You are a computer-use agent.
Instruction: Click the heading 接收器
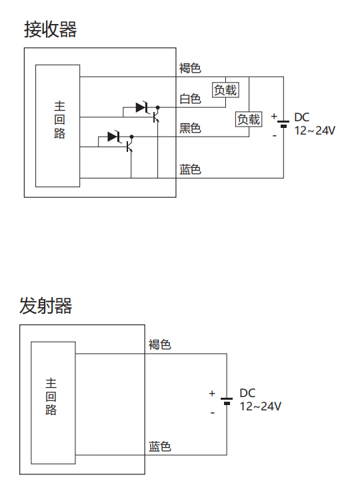coord(50,30)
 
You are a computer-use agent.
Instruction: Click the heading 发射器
coord(46,306)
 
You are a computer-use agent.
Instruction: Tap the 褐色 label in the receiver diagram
coord(190,68)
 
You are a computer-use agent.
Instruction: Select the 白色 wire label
coord(190,99)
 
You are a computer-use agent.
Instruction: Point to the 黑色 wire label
coord(190,128)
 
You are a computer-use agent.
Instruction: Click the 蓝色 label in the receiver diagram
coord(190,169)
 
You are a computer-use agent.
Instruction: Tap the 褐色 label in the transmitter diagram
coord(160,344)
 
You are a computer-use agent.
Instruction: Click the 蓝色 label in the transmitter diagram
coord(160,447)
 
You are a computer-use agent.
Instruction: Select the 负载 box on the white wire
coord(225,90)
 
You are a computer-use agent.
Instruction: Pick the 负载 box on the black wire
coord(249,119)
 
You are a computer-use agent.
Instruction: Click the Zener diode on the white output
coord(143,107)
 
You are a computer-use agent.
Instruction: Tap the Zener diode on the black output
coord(115,137)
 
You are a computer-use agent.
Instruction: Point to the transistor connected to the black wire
coord(129,145)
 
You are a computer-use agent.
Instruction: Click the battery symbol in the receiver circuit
coord(283,123)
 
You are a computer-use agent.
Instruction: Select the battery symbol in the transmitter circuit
coord(227,401)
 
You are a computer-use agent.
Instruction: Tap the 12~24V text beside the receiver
coord(315,131)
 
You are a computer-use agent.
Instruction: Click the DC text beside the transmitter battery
coord(247,393)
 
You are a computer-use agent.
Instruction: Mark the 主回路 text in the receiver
coord(60,120)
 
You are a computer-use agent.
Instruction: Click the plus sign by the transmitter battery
coord(212,393)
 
